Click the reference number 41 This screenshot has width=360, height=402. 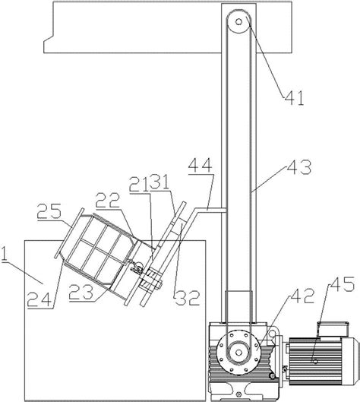coord(294,98)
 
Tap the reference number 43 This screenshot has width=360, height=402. coord(299,166)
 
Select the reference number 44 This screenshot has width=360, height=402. coord(200,165)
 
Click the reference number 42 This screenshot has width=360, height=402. coord(302,296)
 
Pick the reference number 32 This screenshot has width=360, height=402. coord(187,298)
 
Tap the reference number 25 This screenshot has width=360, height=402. coord(49,211)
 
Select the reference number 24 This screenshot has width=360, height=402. coord(39,299)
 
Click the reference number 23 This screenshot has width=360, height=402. coord(81,293)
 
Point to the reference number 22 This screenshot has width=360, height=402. coord(108,200)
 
